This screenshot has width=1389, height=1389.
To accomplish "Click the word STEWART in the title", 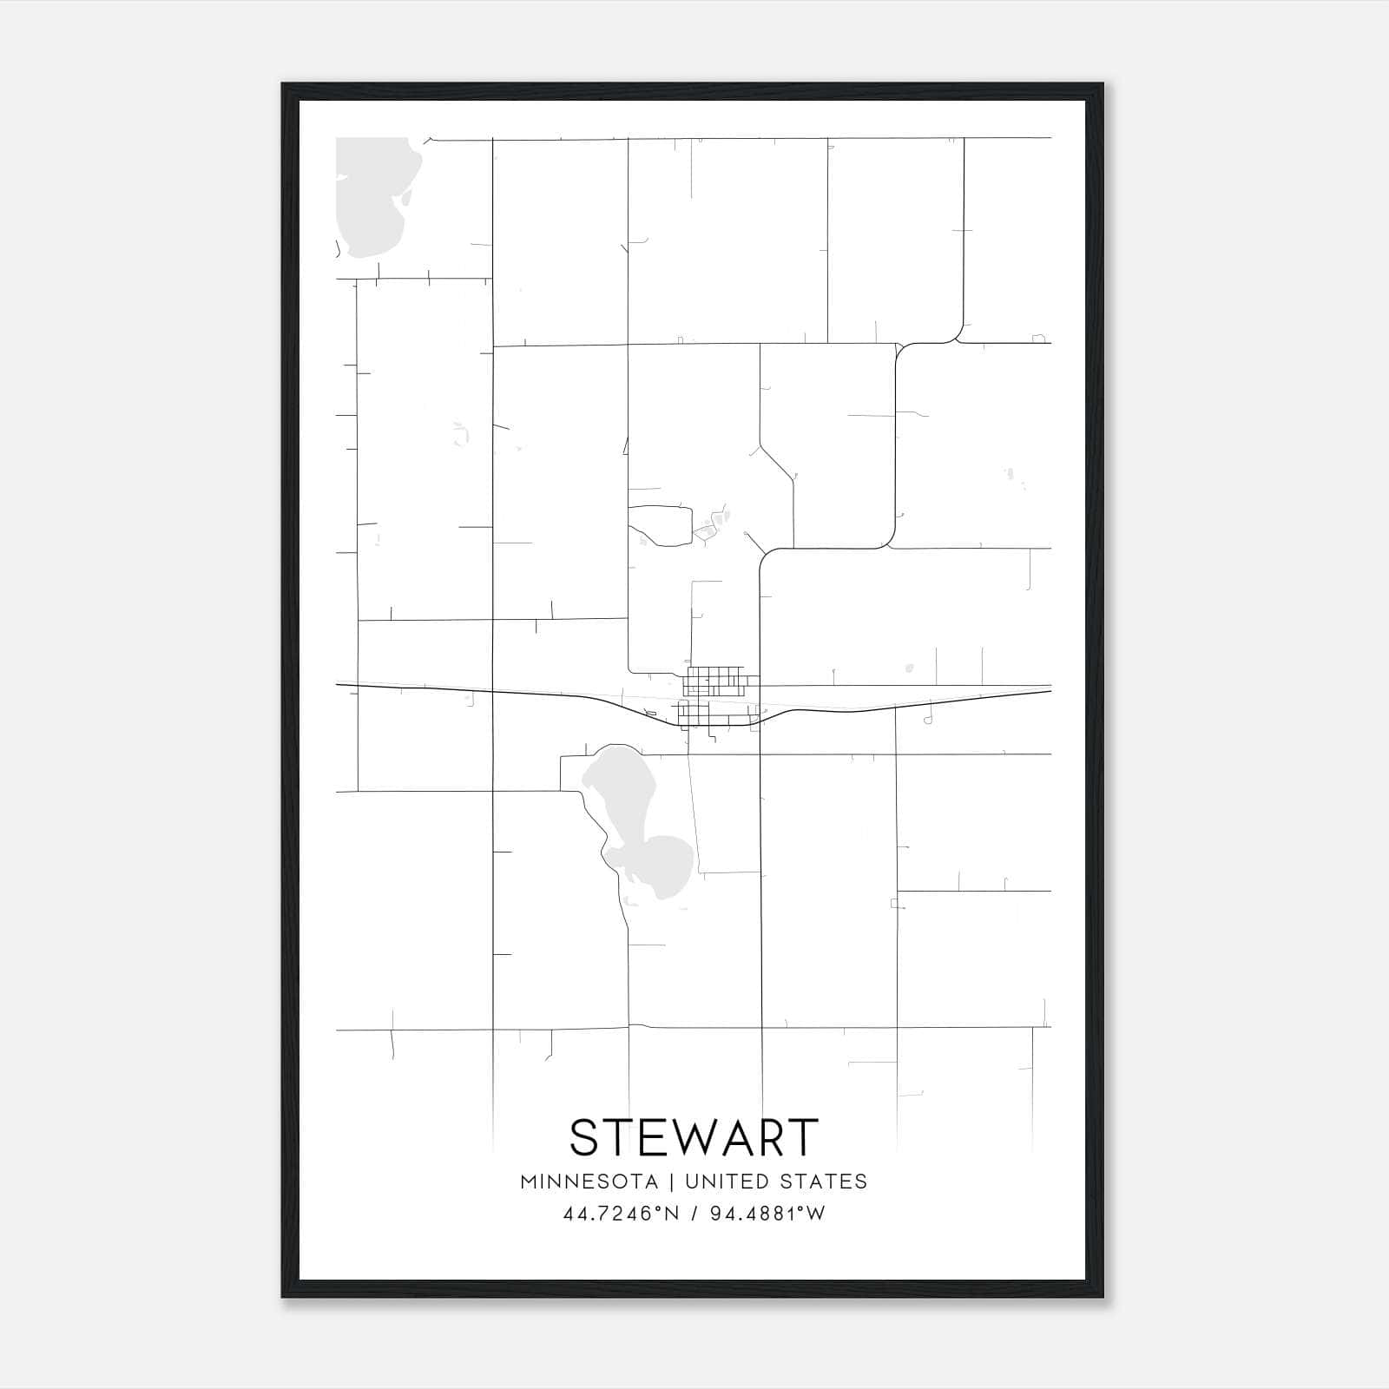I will tap(694, 1137).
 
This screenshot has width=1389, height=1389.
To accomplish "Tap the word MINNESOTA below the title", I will tap(589, 1182).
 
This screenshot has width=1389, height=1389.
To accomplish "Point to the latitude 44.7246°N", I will tap(621, 1214).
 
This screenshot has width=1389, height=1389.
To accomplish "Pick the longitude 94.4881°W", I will tap(767, 1214).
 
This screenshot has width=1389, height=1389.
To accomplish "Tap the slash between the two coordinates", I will tap(695, 1214).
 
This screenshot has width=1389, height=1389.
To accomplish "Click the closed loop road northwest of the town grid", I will tap(660, 525).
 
